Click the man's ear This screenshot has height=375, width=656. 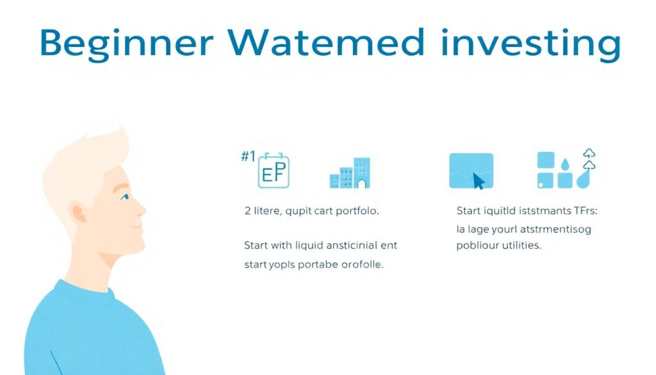[79, 212]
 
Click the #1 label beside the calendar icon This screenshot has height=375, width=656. [248, 157]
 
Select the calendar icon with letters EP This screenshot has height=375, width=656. [274, 172]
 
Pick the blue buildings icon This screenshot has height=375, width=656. [350, 173]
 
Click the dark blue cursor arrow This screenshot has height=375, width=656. [479, 181]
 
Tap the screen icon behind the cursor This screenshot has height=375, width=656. [471, 170]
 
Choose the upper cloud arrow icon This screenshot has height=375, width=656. [589, 153]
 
